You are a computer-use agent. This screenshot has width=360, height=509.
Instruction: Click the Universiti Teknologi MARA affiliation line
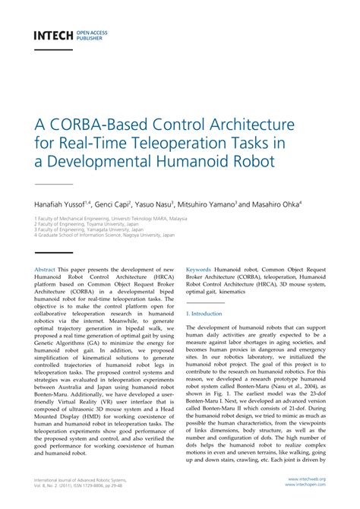coord(111,217)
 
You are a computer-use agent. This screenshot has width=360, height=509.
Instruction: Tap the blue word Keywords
coord(199,269)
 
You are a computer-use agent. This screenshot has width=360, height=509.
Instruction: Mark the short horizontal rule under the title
coord(52,184)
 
